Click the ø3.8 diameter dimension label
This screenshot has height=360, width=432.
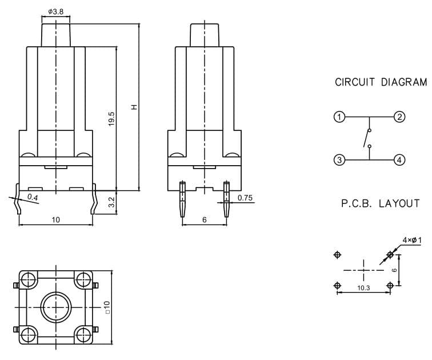coord(56,11)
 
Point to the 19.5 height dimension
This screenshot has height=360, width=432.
coord(111,119)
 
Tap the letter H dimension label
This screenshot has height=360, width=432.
coord(134,107)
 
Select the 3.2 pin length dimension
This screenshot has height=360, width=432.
coord(111,202)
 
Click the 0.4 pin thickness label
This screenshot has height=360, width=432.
coord(33,197)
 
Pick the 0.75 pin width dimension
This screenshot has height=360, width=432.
coord(245,198)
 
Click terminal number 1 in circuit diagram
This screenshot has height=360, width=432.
coord(339,117)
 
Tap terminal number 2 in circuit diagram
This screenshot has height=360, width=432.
coord(399,117)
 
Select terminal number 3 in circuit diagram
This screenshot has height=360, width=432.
coord(339,160)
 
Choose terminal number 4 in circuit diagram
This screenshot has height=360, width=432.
coord(399,160)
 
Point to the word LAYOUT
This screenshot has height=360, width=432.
coord(399,203)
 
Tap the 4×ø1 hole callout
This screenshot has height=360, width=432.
coord(412,240)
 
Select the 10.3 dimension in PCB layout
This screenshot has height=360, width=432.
coord(363,288)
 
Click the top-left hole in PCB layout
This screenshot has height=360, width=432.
coord(337,255)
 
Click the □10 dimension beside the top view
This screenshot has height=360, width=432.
coord(107,307)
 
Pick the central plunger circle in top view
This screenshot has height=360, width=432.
coord(56,307)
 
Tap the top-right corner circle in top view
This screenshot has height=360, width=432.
coord(83,279)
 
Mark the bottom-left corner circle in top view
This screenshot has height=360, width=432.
coord(29,335)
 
